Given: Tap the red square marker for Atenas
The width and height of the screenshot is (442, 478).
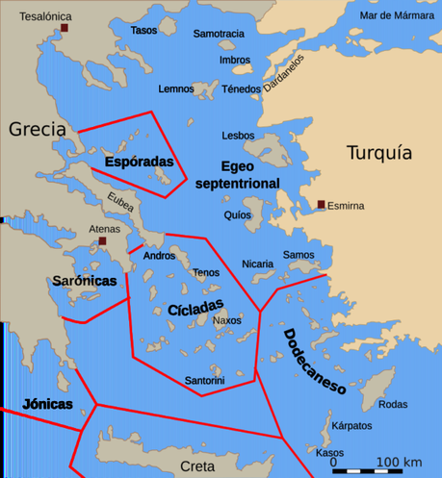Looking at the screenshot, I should point(99,242).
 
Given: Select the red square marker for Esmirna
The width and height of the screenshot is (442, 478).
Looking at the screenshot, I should point(321,204).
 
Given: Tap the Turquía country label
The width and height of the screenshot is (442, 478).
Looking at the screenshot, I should point(378,153).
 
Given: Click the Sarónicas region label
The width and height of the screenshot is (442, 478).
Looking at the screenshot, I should point(85,281).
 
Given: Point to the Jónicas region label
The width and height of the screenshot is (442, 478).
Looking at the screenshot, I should point(47,404).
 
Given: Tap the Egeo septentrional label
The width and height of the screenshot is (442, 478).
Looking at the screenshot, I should point(237,174).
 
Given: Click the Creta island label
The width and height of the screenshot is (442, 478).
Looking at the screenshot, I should point(197,465).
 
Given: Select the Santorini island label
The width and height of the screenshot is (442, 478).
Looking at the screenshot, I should point(204,381).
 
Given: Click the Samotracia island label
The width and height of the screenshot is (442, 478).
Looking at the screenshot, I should point(219,34).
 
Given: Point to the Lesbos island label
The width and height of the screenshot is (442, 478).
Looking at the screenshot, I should point(238,136).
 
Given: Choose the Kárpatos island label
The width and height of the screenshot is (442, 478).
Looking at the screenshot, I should point(351,425).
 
